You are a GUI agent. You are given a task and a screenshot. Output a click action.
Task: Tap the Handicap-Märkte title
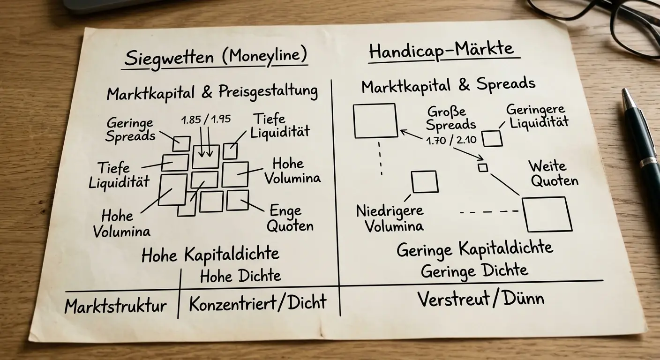coord(442,50)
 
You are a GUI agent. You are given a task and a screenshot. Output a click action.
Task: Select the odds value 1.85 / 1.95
coord(206,120)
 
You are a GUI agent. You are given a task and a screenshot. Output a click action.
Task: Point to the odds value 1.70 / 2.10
coord(451,140)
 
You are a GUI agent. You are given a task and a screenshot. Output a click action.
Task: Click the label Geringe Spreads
coord(130,130)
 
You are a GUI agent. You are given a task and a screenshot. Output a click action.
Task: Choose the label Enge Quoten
coord(290,218)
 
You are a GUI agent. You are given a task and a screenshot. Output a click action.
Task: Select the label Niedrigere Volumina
coord(390,218)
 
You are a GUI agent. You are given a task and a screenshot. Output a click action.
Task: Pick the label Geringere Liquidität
coord(537,116)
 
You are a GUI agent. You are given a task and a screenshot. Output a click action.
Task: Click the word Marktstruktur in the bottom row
coord(115,306)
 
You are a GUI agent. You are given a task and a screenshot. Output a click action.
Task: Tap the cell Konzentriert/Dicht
coord(257,302)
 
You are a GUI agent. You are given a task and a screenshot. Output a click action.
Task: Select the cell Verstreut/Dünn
coord(481,299)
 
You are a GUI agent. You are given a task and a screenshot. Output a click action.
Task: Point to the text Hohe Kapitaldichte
coord(210,255)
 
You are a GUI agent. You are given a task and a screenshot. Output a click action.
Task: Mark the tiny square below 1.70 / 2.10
coord(483,168)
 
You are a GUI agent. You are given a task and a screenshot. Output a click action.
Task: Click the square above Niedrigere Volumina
coord(425,182)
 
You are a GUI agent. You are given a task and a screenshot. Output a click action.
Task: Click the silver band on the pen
coord(649,161)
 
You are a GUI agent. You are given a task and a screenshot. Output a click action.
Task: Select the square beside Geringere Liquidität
coord(492,138)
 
